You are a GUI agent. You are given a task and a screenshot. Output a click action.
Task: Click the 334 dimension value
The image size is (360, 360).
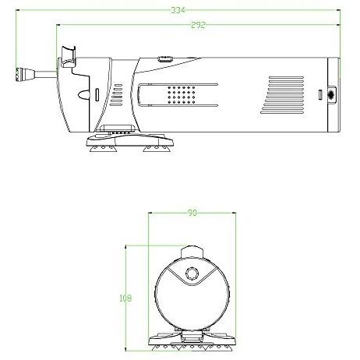[178, 10]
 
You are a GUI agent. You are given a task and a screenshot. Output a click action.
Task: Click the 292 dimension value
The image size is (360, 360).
[198, 25]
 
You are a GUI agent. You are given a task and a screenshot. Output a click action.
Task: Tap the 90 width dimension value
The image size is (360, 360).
[192, 214]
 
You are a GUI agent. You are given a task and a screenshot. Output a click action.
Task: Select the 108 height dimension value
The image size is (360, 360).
[125, 298]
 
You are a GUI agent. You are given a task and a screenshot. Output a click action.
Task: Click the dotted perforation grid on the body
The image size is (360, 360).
[182, 95]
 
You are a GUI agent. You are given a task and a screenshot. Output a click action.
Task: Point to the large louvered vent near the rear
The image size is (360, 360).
[282, 95]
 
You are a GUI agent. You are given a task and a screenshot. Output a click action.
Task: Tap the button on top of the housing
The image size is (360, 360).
[165, 58]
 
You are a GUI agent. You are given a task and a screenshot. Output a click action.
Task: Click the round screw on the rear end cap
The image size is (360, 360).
[331, 94]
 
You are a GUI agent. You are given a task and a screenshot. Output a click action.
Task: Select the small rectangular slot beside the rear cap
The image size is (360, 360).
[320, 94]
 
